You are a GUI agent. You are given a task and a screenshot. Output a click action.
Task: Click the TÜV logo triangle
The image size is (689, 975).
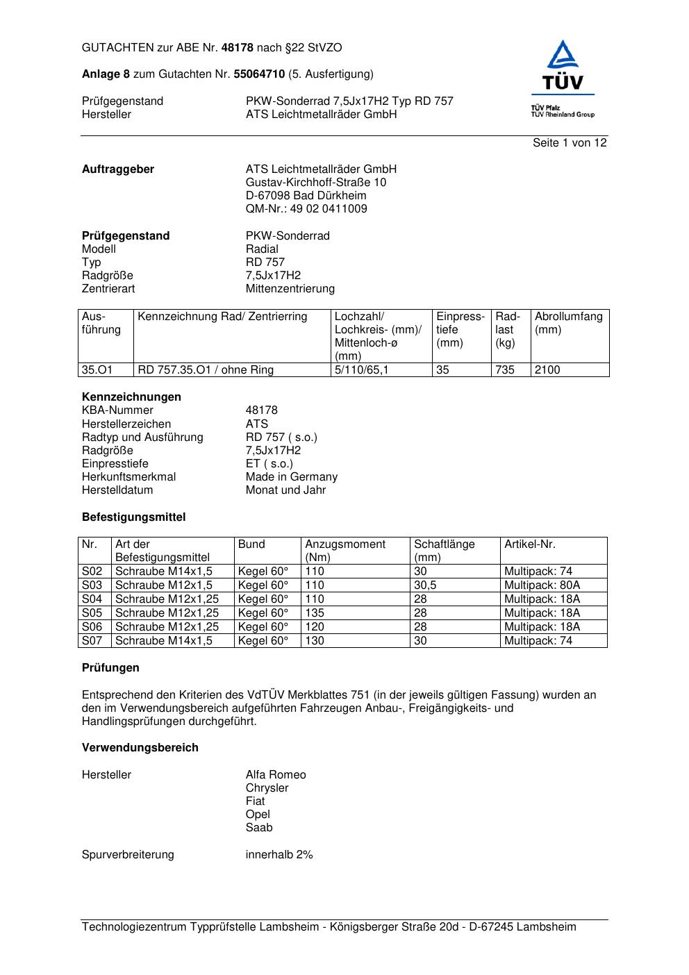[562, 56]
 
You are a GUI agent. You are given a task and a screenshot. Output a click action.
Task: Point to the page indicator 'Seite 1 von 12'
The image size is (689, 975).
[570, 143]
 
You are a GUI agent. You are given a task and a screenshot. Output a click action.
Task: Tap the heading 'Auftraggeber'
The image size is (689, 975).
[118, 169]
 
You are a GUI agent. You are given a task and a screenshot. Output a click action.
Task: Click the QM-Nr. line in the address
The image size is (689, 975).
[306, 209]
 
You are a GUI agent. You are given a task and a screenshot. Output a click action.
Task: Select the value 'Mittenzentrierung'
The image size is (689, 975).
[290, 289]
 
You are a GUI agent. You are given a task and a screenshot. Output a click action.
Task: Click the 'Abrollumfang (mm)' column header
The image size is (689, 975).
[568, 323]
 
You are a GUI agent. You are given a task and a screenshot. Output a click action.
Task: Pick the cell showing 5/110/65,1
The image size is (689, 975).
[362, 370]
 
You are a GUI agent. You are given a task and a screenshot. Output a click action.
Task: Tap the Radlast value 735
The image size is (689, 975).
[505, 370]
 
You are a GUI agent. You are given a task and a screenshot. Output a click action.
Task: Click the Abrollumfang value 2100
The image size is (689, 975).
[547, 370]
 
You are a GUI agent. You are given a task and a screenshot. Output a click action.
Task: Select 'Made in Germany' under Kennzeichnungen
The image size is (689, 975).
[291, 477]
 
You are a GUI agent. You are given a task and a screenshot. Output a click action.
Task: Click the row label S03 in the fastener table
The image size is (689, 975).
[92, 585]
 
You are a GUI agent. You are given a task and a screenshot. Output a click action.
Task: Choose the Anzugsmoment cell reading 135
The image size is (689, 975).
[315, 613]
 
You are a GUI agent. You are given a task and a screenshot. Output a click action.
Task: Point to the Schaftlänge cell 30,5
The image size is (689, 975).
[425, 585]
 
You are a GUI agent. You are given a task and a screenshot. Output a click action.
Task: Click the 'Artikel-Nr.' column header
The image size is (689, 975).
[529, 544]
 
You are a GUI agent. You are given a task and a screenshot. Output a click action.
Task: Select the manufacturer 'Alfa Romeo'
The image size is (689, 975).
[275, 775]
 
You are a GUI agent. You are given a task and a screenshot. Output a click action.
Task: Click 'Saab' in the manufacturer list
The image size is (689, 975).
[259, 828]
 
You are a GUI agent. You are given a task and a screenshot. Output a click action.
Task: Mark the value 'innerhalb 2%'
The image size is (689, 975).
[279, 855]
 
